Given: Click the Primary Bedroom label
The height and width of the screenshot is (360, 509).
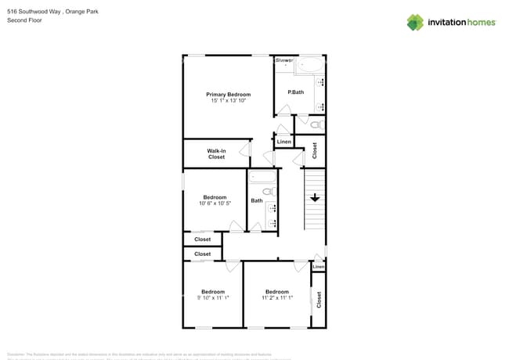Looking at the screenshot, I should coord(228,94).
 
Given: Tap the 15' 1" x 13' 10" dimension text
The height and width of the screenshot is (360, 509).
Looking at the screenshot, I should coord(228,101).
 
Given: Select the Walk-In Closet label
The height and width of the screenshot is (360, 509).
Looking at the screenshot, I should coord(216,153).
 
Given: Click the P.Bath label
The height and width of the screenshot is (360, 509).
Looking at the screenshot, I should coord(296,92).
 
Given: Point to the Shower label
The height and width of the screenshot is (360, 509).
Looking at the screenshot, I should coord(283,59).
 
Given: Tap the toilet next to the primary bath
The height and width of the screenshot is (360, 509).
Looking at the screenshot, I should coord(316,124).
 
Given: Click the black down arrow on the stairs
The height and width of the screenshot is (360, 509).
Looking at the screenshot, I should coord(315,198).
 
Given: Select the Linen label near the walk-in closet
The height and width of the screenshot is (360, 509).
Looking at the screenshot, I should coord(283,142).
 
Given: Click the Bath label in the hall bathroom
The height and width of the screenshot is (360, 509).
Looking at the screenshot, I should coord(257,201).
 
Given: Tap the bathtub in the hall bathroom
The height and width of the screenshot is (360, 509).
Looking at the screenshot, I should coord(262,190).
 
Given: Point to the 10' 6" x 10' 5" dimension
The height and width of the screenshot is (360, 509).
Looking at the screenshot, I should coord(215,203).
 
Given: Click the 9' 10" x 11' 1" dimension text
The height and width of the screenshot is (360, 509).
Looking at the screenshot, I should coord(212,298).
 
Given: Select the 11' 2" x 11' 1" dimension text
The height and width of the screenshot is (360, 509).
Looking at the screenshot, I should coord(277,298).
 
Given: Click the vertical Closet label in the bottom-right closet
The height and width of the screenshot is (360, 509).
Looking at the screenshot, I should coord(319,299).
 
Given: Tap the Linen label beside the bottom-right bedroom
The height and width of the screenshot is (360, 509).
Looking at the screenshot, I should coord(318,268).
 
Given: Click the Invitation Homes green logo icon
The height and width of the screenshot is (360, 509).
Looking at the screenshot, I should coord(415,22).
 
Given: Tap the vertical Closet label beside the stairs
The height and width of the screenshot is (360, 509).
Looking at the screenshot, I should coord(315,150).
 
